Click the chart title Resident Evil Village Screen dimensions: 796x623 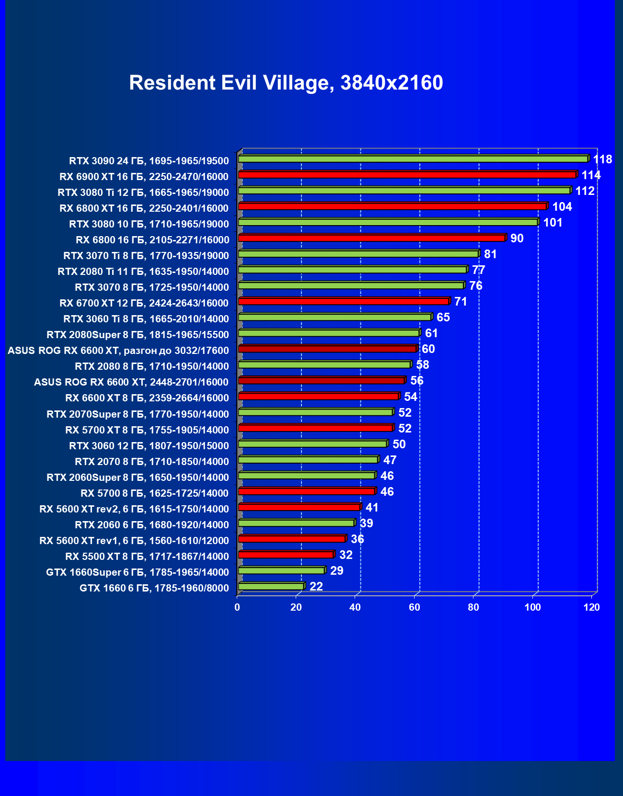286,83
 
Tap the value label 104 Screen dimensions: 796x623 562,207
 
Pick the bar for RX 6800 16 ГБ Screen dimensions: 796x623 371,238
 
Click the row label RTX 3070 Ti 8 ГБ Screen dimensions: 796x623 146,256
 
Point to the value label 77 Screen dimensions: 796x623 478,270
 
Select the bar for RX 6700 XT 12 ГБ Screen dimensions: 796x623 343,301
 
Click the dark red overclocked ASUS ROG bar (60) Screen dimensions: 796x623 327,349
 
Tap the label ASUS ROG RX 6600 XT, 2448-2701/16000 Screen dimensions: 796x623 131,382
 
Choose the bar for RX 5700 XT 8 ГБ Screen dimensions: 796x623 315,428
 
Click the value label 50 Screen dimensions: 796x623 399,444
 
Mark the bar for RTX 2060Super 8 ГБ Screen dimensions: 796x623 306,476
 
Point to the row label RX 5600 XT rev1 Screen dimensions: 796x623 134,541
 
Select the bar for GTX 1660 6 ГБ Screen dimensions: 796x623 271,586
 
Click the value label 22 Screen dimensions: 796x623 316,587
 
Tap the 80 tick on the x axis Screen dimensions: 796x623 473,607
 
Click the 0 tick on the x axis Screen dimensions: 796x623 237,607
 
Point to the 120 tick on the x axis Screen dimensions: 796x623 591,607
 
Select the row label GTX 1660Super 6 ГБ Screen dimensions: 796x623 137,572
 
